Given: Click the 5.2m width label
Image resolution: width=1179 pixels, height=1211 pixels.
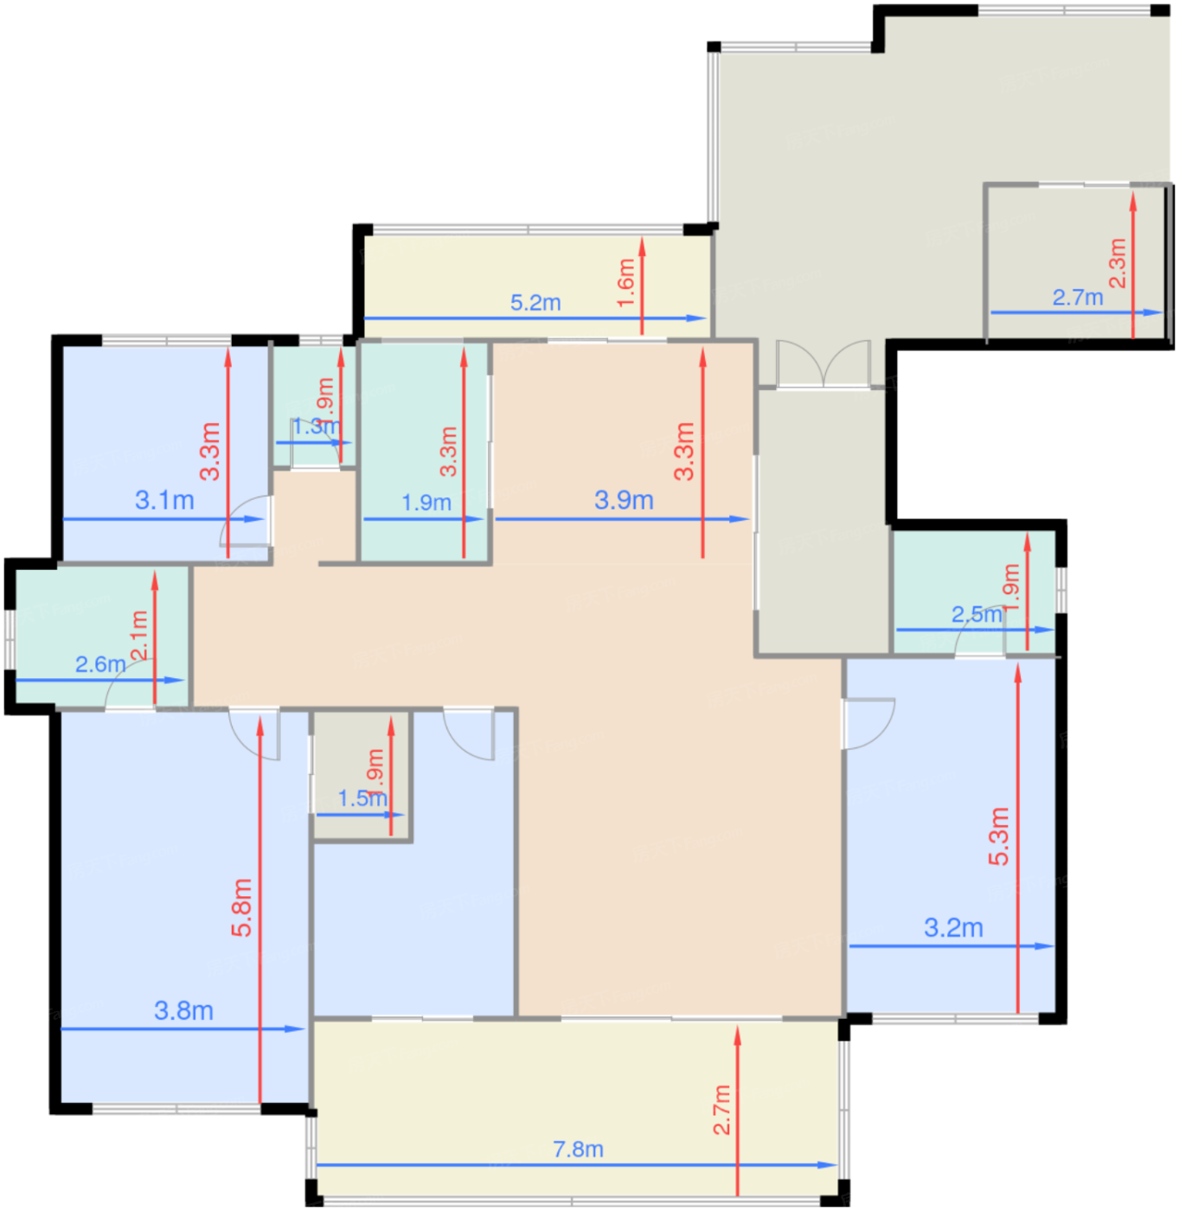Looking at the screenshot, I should pyautogui.click(x=535, y=303).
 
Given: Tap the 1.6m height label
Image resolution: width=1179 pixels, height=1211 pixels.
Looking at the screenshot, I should pyautogui.click(x=626, y=283).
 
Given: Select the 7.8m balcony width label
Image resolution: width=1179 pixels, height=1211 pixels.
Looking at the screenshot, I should pyautogui.click(x=578, y=1149).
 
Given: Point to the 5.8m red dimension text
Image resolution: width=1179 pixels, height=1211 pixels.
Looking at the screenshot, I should pyautogui.click(x=242, y=907).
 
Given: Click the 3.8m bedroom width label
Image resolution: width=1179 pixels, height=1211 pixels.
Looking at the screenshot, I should pyautogui.click(x=183, y=1010).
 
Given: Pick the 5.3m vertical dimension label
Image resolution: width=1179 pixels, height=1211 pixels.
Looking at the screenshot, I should pyautogui.click(x=999, y=836).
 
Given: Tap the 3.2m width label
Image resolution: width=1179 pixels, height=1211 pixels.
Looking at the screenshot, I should pyautogui.click(x=953, y=927).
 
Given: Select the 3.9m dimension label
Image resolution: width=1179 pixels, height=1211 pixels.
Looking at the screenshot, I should pyautogui.click(x=624, y=500).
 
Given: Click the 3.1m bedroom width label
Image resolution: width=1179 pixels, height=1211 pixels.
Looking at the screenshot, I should pyautogui.click(x=164, y=500).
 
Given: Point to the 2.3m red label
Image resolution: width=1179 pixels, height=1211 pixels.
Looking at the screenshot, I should pyautogui.click(x=1118, y=263).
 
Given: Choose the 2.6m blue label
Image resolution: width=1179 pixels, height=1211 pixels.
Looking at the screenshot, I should pyautogui.click(x=100, y=664).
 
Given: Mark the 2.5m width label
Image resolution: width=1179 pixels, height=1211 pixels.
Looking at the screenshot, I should pyautogui.click(x=977, y=614).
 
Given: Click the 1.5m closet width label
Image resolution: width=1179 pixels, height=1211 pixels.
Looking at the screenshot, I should pyautogui.click(x=362, y=798).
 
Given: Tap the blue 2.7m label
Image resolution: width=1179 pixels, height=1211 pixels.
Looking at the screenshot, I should pyautogui.click(x=1078, y=298).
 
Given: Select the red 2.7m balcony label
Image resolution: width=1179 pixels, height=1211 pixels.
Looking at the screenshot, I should pyautogui.click(x=722, y=1110).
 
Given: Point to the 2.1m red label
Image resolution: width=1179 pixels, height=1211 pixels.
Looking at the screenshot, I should pyautogui.click(x=139, y=636).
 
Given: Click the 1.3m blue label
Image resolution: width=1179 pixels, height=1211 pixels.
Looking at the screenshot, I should pyautogui.click(x=315, y=426).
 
